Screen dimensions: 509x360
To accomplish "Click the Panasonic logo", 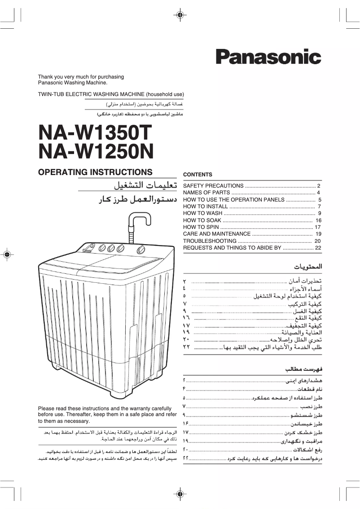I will click(268, 57).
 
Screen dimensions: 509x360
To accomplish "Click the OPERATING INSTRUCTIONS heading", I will click(95, 172).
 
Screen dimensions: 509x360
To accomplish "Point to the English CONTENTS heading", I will click(198, 175).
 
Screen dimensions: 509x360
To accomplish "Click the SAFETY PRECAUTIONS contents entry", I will click(213, 186).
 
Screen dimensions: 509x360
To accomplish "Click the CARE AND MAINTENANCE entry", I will click(217, 234).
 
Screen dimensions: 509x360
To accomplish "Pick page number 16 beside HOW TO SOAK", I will click(319, 220).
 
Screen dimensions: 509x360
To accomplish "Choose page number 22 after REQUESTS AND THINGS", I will click(319, 248).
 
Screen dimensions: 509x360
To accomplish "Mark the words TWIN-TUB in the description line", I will click(50, 94).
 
